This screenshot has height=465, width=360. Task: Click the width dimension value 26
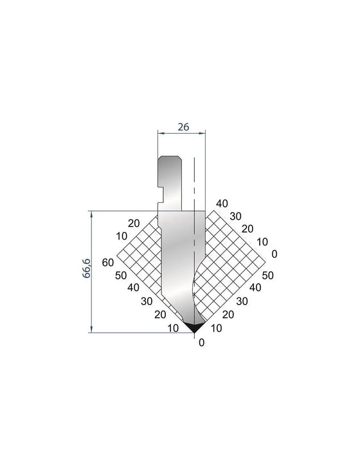pos(183,127)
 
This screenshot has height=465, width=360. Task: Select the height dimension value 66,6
pos(86,268)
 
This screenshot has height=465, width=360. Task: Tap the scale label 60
pos(108,263)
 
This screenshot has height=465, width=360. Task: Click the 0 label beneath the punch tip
pos(201,342)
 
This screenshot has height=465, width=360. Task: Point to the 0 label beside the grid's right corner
pos(274,254)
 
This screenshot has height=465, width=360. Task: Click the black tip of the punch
pos(194,328)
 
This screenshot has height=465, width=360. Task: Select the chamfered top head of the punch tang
pos(170,161)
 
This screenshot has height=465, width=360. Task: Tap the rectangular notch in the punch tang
pos(161,195)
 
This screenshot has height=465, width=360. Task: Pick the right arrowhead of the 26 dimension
pos(203,134)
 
